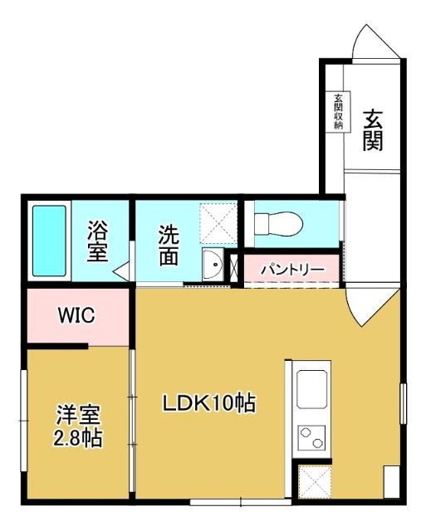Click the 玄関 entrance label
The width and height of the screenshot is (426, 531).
pos(373,131)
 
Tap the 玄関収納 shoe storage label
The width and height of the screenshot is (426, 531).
pos(339,112)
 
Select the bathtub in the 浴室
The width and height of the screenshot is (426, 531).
pos(49,241)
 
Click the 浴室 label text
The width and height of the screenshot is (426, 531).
pos(98,241)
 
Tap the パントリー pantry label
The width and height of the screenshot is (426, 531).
pos(291,269)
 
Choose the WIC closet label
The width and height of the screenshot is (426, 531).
pos(77,315)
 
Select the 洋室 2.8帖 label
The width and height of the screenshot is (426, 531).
pos(79,425)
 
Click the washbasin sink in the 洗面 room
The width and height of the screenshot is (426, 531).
pos(213,265)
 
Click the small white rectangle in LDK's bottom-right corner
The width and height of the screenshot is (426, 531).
pos(391,482)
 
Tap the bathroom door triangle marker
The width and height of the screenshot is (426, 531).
pos(121,270)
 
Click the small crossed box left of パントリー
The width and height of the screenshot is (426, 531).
pos(233,266)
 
